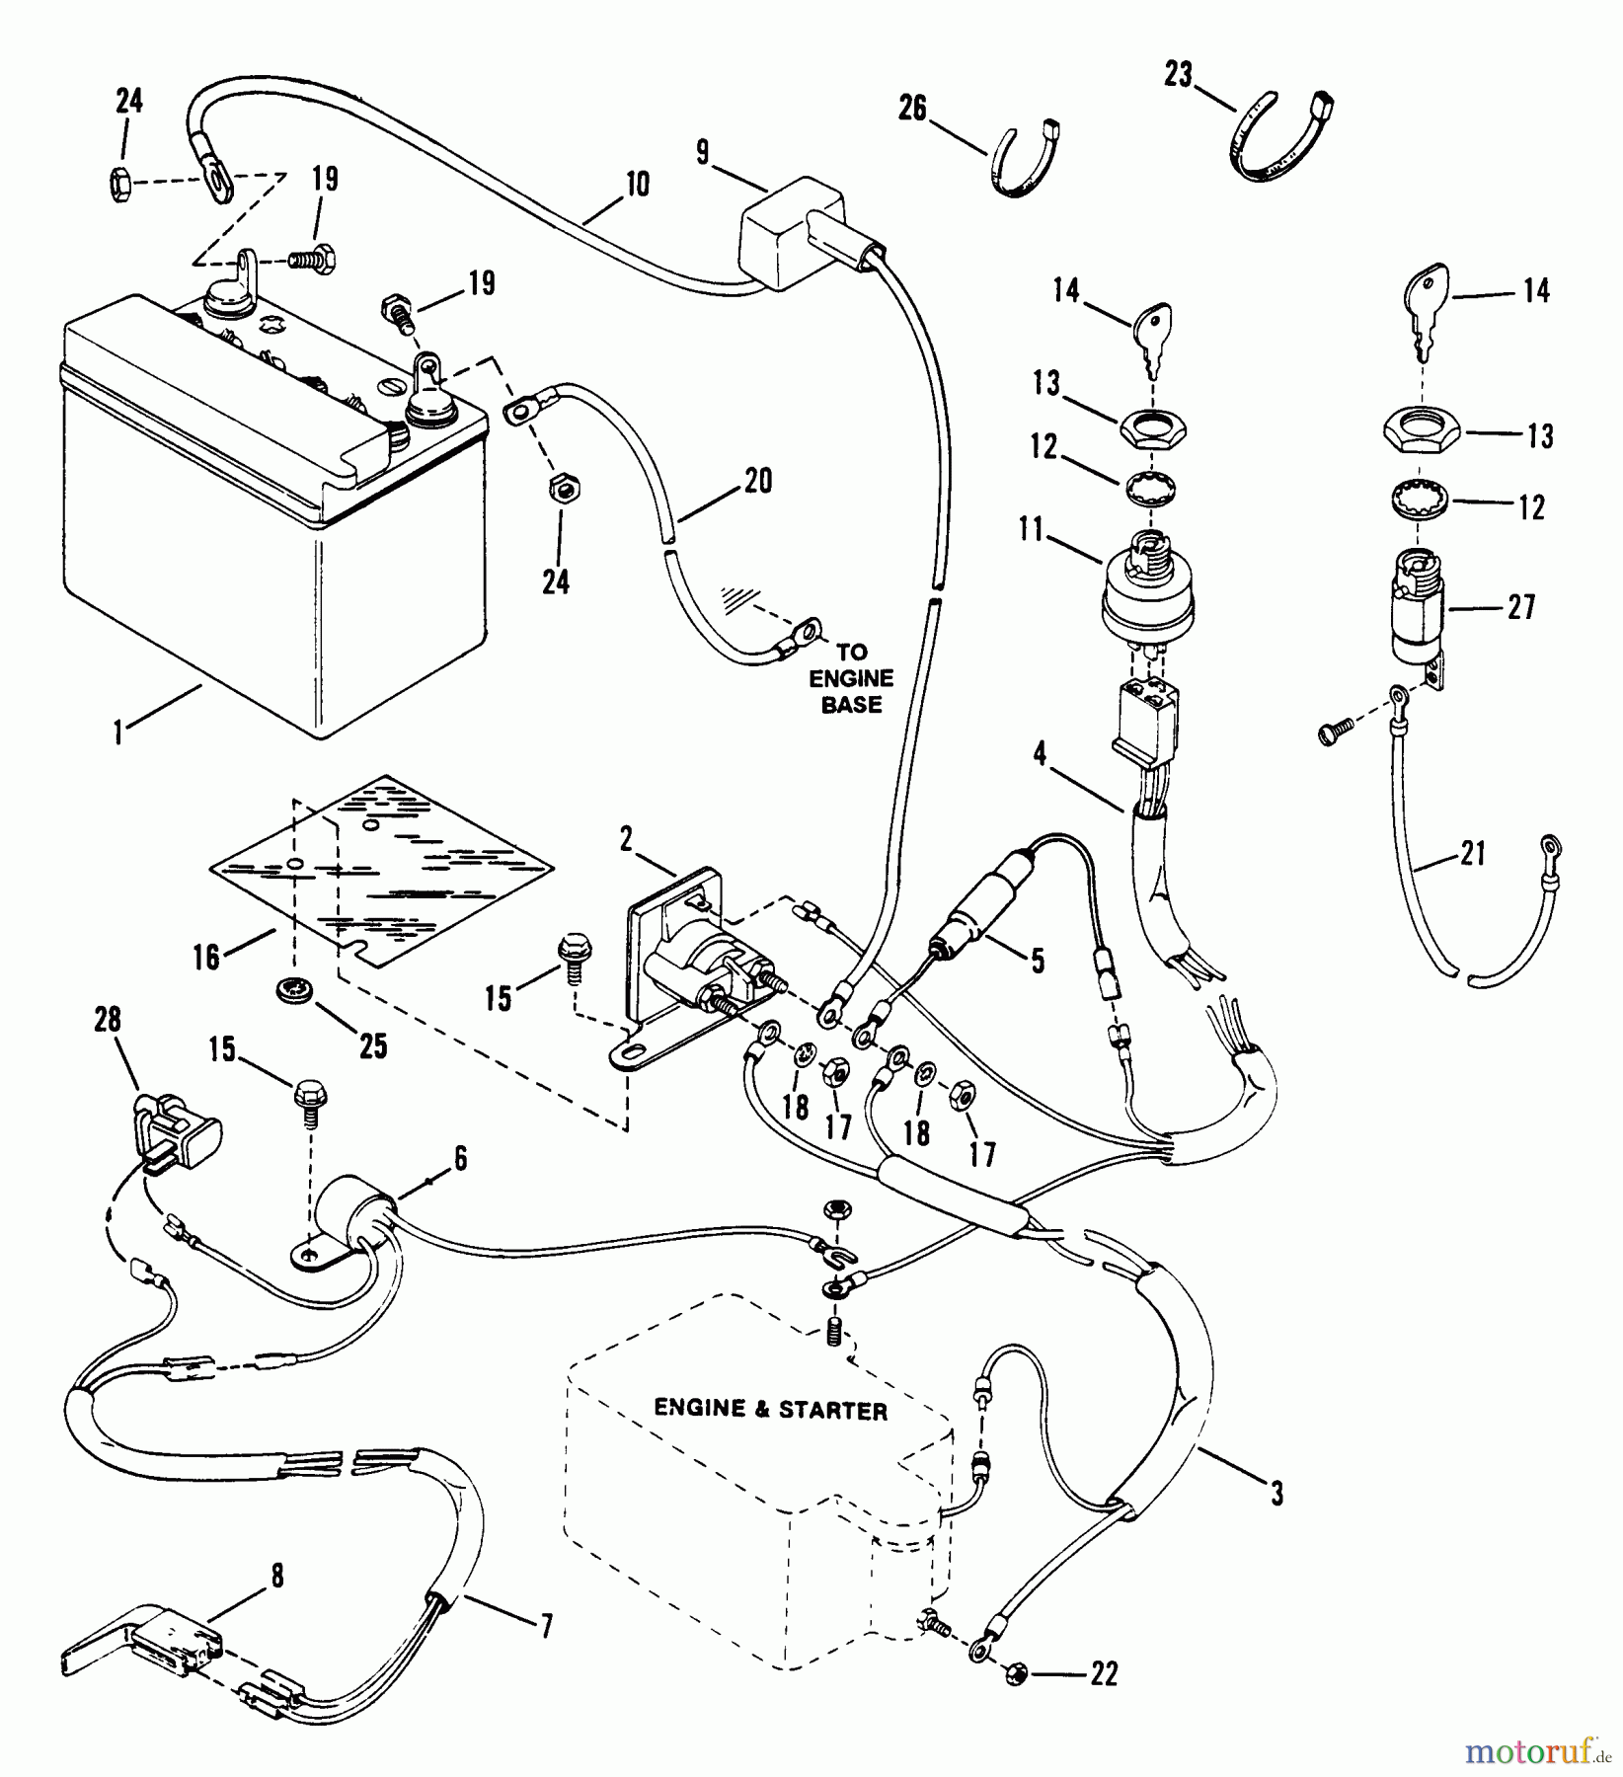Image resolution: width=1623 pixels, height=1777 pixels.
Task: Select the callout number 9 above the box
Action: [x=703, y=154]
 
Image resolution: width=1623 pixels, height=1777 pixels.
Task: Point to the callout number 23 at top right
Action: [x=1178, y=74]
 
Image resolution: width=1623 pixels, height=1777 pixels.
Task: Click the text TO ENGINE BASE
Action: [x=851, y=678]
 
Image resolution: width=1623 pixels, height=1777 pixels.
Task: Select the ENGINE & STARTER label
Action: [x=771, y=1410]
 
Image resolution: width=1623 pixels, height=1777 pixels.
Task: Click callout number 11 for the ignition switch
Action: [x=1031, y=531]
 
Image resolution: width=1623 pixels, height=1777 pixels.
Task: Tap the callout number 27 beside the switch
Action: [x=1522, y=606]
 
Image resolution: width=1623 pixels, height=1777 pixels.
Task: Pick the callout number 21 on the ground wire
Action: [x=1472, y=852]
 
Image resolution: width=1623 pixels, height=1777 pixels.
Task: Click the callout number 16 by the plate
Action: [x=206, y=956]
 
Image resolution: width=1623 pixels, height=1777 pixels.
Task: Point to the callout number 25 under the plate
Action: [x=372, y=1044]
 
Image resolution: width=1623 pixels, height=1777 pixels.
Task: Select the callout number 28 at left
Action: [x=107, y=1020]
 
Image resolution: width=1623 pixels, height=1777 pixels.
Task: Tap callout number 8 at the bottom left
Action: [x=277, y=1577]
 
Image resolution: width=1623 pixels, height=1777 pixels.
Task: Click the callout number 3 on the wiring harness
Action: [x=1276, y=1495]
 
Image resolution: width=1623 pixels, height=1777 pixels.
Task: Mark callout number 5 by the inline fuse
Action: [x=1037, y=961]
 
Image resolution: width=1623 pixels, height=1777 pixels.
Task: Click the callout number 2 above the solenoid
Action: [x=626, y=840]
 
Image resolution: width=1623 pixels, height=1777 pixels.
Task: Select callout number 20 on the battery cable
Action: [x=757, y=481]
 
